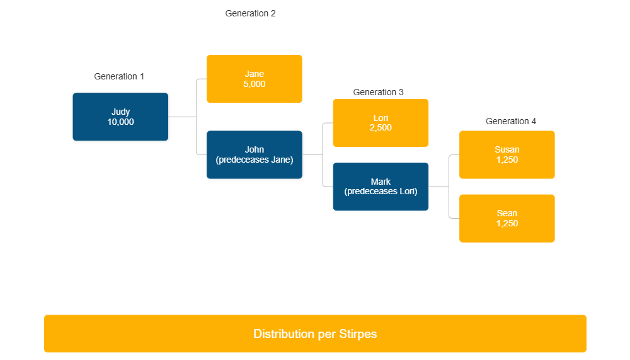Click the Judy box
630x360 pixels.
(120, 117)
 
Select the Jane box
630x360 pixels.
(255, 79)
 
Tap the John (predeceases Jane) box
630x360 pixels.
(255, 154)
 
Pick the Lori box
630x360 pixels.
(381, 122)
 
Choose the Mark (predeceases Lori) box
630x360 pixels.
(381, 187)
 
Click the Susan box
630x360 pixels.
(507, 154)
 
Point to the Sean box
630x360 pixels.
(507, 218)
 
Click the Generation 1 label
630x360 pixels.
(119, 76)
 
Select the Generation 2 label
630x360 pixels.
(250, 13)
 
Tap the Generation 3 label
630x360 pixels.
(378, 92)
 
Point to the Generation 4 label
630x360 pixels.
(510, 121)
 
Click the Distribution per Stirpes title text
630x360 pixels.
(315, 334)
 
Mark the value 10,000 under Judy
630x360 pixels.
(120, 122)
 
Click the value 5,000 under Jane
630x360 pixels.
(255, 84)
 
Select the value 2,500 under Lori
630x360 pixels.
(381, 128)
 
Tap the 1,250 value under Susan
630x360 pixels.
(507, 160)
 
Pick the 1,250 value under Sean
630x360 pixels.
(507, 224)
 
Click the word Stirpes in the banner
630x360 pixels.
(357, 334)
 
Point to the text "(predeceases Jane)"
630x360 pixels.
(255, 160)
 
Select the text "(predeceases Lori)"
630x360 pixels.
(381, 192)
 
